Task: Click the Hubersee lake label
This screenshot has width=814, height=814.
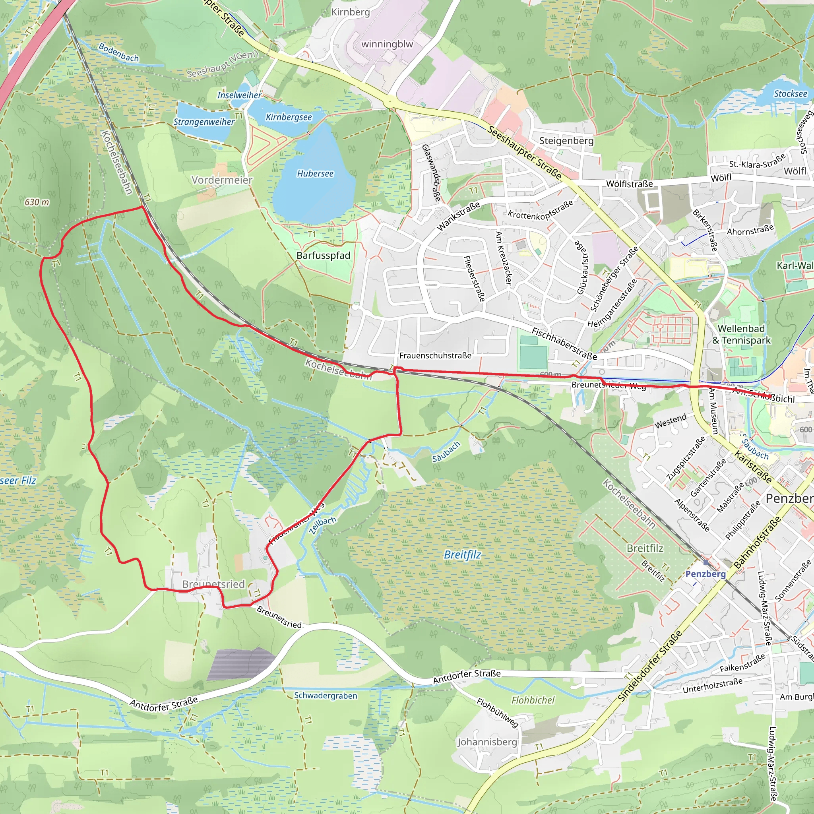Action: click(x=315, y=174)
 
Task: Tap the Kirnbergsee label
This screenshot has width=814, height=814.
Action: click(x=289, y=117)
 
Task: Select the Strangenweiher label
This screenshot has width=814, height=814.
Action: click(x=204, y=122)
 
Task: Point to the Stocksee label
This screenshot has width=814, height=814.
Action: click(x=791, y=93)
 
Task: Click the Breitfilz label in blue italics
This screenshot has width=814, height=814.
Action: click(x=462, y=554)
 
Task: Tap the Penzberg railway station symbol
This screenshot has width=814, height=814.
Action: click(x=706, y=562)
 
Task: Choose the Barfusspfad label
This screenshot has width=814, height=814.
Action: click(x=323, y=255)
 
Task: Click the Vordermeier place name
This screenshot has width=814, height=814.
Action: click(x=222, y=180)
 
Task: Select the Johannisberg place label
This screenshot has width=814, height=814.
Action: click(x=487, y=742)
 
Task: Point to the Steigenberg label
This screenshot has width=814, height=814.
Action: click(x=566, y=141)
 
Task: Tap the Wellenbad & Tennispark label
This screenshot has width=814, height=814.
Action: click(x=741, y=334)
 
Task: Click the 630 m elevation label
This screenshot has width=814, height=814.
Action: click(x=37, y=202)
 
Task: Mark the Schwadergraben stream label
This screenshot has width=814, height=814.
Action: click(x=325, y=696)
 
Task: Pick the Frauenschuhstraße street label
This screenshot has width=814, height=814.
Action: click(x=435, y=356)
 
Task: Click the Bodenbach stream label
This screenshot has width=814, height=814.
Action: click(x=118, y=52)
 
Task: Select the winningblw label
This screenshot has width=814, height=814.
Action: click(x=387, y=44)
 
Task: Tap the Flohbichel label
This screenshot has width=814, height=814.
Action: click(x=533, y=700)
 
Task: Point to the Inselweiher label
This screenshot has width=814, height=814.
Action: click(x=239, y=95)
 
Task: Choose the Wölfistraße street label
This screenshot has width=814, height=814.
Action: click(x=629, y=184)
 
